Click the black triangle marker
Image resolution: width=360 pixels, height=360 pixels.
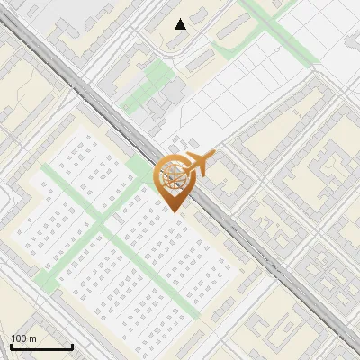(181, 24)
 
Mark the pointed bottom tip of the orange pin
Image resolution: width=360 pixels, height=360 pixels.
(173, 211)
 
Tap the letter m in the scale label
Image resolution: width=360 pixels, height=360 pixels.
(34, 338)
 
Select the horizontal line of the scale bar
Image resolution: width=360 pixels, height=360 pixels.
(40, 347)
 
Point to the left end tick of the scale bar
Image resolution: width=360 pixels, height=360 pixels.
(10, 345)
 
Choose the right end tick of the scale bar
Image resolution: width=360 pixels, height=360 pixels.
(72, 345)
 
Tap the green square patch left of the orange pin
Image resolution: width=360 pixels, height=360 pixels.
(139, 168)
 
